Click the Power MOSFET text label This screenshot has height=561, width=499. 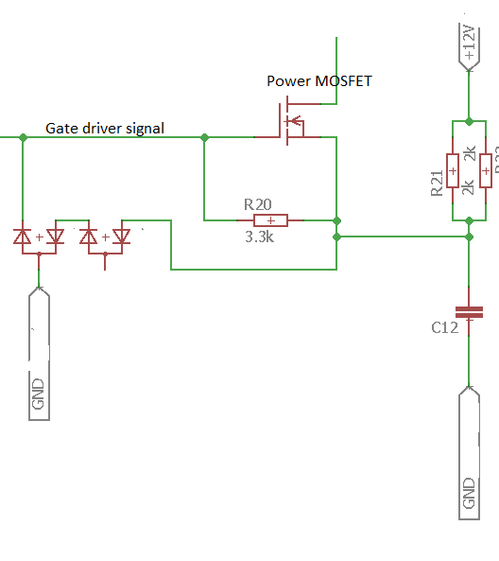click(318, 81)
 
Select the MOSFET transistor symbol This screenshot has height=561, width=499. click(288, 123)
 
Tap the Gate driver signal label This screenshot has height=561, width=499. click(105, 128)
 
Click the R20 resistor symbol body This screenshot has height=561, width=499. click(271, 220)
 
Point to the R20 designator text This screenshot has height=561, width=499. click(258, 203)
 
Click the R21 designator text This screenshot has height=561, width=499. click(437, 184)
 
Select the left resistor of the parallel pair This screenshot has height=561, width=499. click(453, 170)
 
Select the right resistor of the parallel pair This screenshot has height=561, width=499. click(485, 170)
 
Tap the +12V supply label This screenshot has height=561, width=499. click(468, 44)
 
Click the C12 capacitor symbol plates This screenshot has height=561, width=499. click(469, 311)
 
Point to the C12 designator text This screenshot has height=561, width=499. click(444, 327)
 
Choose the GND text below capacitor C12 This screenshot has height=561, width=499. click(469, 493)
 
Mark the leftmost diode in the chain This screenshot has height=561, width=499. click(23, 237)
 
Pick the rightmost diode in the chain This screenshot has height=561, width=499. click(121, 237)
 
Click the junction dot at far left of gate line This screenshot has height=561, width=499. click(22, 137)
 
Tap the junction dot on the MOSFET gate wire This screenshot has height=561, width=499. click(204, 137)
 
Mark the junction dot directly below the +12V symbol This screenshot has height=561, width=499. click(469, 121)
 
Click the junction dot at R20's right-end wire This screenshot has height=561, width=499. click(337, 220)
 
